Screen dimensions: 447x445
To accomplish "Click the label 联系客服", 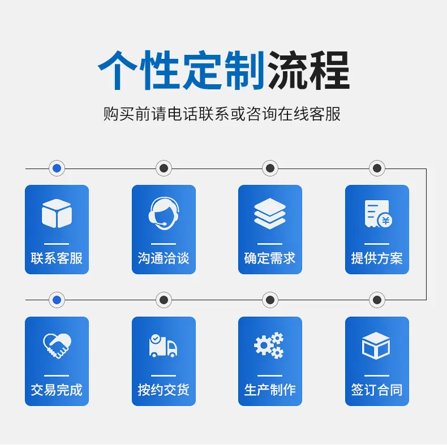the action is [x=57, y=258].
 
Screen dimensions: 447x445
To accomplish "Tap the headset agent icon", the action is [x=164, y=213].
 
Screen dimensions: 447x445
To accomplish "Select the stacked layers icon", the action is [x=270, y=214].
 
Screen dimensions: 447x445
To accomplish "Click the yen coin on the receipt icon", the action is [x=385, y=221].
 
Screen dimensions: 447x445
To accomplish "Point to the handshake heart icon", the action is [x=57, y=345].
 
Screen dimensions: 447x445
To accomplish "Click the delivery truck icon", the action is [x=163, y=345].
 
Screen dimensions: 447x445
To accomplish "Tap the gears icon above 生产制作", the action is [x=269, y=345].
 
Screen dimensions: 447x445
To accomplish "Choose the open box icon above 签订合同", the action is [x=376, y=345].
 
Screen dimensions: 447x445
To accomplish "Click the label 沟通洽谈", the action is [x=164, y=258].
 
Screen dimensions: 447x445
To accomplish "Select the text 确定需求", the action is [x=270, y=258].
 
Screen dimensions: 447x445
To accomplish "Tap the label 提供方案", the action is [x=377, y=258].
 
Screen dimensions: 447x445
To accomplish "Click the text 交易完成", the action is [x=57, y=390].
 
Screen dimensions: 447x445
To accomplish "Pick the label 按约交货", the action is [x=164, y=390].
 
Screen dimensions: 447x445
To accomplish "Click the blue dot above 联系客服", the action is [x=57, y=169].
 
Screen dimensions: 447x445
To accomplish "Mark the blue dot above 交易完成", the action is [x=57, y=300].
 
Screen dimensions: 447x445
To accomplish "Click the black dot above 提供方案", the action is [x=377, y=169].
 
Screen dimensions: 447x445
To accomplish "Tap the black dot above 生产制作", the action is [x=270, y=300].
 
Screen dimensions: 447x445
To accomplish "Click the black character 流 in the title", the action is [x=288, y=70].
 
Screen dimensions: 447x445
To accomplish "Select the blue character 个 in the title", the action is [x=118, y=70].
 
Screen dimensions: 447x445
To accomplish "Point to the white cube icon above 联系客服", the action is [x=57, y=213].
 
